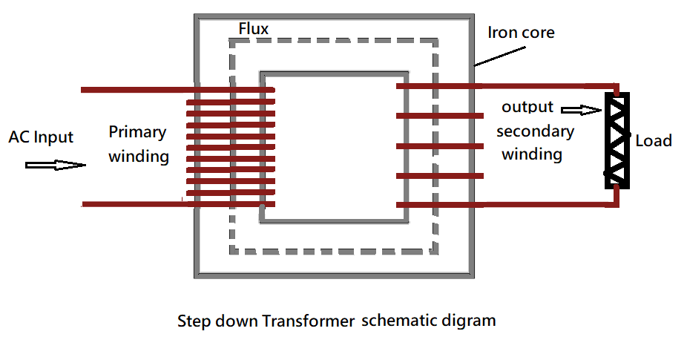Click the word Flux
(253, 28)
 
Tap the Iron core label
(521, 33)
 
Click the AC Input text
(41, 137)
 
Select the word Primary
(137, 133)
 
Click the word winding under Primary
(139, 157)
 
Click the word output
(527, 107)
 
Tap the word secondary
(535, 131)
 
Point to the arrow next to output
(581, 111)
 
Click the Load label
(654, 140)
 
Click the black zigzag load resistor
(617, 140)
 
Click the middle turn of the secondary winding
(440, 145)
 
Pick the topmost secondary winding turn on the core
(440, 87)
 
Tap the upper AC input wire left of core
(134, 91)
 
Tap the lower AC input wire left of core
(134, 203)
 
